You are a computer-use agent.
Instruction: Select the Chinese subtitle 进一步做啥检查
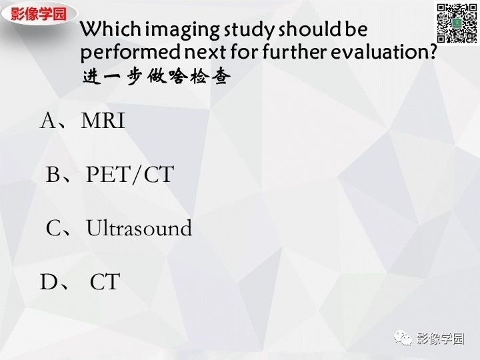coord(157,77)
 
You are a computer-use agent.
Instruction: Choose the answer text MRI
coord(103,121)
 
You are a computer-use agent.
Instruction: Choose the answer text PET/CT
coord(129,175)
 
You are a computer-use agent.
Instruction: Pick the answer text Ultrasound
coord(139,229)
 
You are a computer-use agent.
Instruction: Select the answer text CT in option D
coord(105,282)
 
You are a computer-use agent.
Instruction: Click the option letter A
coord(51,121)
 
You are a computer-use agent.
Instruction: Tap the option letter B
coord(53,175)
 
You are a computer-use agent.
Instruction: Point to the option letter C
coord(54,229)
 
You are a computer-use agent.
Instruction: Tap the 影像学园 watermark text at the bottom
coord(439,339)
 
